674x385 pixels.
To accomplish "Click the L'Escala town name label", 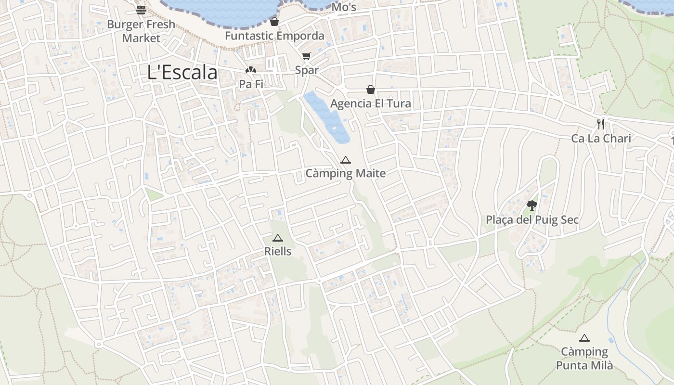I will pyautogui.click(x=182, y=73).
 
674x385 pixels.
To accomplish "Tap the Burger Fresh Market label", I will pyautogui.click(x=141, y=31).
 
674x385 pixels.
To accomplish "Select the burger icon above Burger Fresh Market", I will pyautogui.click(x=141, y=10).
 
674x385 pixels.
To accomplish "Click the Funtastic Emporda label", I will pyautogui.click(x=274, y=36).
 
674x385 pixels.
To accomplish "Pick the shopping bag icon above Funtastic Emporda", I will pyautogui.click(x=274, y=22).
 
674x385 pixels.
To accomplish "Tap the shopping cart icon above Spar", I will pyautogui.click(x=307, y=56).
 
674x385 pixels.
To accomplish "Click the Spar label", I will pyautogui.click(x=307, y=70).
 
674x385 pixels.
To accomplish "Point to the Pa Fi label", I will pyautogui.click(x=251, y=84).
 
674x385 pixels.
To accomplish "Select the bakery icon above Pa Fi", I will pyautogui.click(x=251, y=70).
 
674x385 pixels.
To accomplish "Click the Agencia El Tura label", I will pyautogui.click(x=371, y=104).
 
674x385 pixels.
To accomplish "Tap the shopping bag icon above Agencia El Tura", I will pyautogui.click(x=371, y=90).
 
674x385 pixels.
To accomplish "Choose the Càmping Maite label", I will pyautogui.click(x=346, y=173).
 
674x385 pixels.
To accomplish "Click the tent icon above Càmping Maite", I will pyautogui.click(x=346, y=160).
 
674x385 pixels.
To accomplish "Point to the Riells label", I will pyautogui.click(x=278, y=251).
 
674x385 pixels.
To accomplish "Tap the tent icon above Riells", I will pyautogui.click(x=278, y=238).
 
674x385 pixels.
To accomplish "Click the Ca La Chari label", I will pyautogui.click(x=601, y=139).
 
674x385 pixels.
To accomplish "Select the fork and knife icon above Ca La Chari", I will pyautogui.click(x=601, y=124).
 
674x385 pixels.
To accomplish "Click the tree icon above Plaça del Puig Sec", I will pyautogui.click(x=531, y=206).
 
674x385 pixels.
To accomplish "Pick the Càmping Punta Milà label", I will pyautogui.click(x=584, y=359).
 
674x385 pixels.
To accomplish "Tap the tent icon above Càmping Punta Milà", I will pyautogui.click(x=584, y=338).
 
